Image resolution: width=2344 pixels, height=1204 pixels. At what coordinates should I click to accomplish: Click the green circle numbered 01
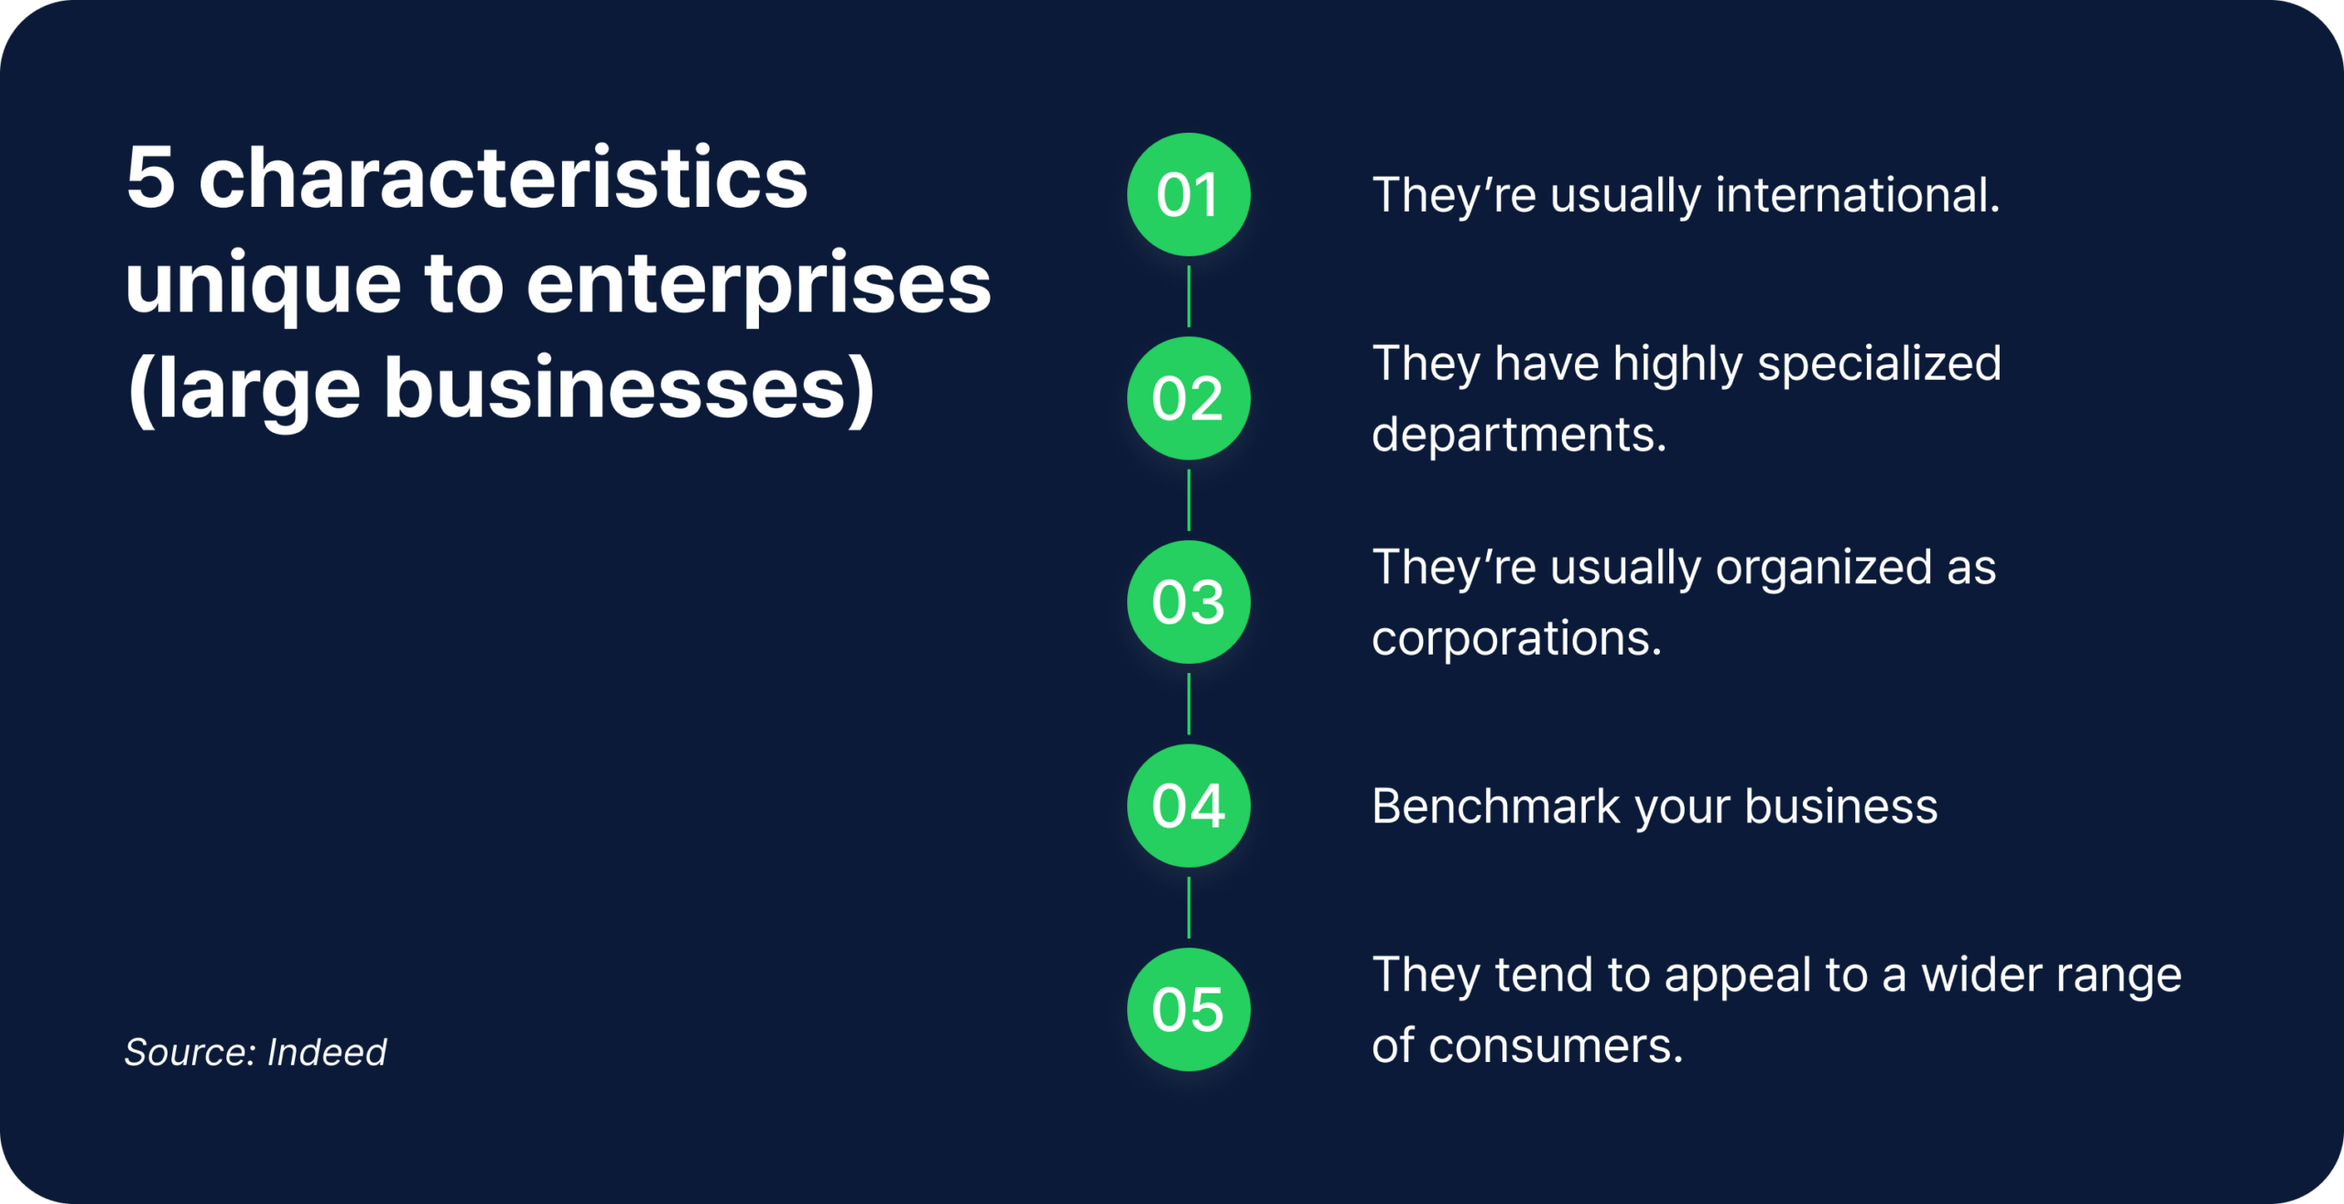click(1188, 194)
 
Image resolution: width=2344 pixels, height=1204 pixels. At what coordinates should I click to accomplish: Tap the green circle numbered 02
click(1188, 398)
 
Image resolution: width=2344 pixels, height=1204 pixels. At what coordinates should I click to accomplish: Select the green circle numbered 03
click(1188, 602)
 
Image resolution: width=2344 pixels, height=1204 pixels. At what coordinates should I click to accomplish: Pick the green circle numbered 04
click(1188, 806)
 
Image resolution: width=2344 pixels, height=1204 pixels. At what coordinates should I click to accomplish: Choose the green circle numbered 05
click(1188, 1009)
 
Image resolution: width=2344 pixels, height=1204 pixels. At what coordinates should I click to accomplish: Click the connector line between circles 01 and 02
click(1188, 297)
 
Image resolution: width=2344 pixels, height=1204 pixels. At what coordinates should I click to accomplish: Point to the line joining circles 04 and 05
click(1188, 907)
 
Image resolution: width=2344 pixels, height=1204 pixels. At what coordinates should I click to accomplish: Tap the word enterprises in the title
click(759, 287)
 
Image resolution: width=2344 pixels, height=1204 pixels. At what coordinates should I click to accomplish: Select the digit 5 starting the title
click(151, 178)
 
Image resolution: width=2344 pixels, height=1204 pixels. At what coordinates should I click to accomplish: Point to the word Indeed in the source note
click(327, 1052)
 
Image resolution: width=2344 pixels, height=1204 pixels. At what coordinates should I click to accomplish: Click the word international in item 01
click(1858, 195)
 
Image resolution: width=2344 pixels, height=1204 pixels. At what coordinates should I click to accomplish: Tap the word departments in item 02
click(1519, 435)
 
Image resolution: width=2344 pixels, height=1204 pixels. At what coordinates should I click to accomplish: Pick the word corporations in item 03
click(1516, 639)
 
